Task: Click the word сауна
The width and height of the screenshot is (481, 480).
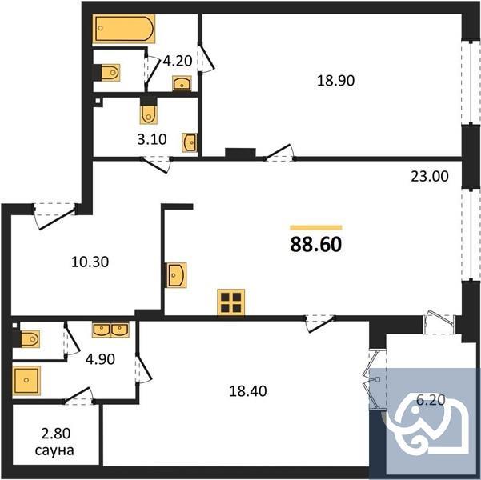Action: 56,451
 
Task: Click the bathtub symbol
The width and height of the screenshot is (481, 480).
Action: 123,30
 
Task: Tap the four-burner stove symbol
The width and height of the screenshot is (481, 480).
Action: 230,302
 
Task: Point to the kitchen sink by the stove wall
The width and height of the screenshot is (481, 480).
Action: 176,275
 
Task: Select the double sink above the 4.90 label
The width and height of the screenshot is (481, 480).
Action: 110,329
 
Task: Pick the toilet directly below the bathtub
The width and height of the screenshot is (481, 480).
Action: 110,74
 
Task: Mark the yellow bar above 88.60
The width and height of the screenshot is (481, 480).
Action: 315,227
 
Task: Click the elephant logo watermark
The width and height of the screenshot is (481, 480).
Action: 427,421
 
